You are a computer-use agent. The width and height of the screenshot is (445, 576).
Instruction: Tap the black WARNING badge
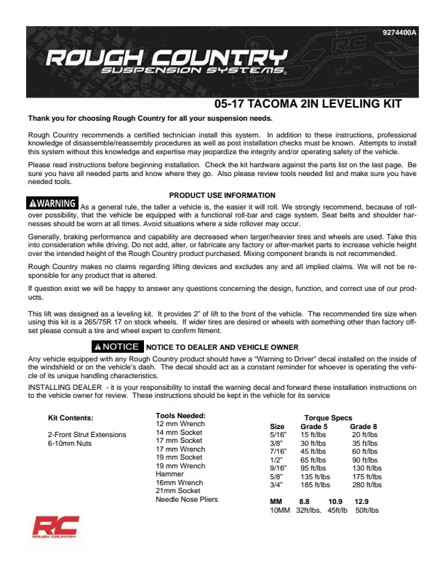(52, 203)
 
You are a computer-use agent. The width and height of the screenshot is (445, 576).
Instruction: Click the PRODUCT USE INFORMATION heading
(222, 195)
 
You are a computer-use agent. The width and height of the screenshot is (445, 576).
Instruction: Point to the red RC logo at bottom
(55, 528)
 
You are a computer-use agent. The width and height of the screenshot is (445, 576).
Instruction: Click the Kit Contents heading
(71, 418)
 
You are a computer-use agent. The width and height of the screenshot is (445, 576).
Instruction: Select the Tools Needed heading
(180, 415)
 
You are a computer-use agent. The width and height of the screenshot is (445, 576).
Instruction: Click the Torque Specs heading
(327, 418)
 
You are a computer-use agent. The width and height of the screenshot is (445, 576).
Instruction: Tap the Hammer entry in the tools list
(169, 474)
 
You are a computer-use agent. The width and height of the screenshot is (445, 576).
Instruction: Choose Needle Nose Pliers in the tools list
(186, 500)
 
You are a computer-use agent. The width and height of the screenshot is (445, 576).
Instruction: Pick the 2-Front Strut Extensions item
(87, 435)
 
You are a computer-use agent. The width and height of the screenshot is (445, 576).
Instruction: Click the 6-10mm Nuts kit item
(70, 443)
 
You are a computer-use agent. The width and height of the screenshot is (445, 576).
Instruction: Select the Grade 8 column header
(363, 427)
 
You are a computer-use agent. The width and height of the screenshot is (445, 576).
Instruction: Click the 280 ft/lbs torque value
(366, 484)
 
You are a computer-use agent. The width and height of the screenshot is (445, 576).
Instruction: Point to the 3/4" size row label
(277, 484)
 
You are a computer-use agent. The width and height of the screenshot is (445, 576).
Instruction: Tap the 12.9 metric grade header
(361, 502)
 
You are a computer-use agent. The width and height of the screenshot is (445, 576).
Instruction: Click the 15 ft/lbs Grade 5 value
(315, 435)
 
